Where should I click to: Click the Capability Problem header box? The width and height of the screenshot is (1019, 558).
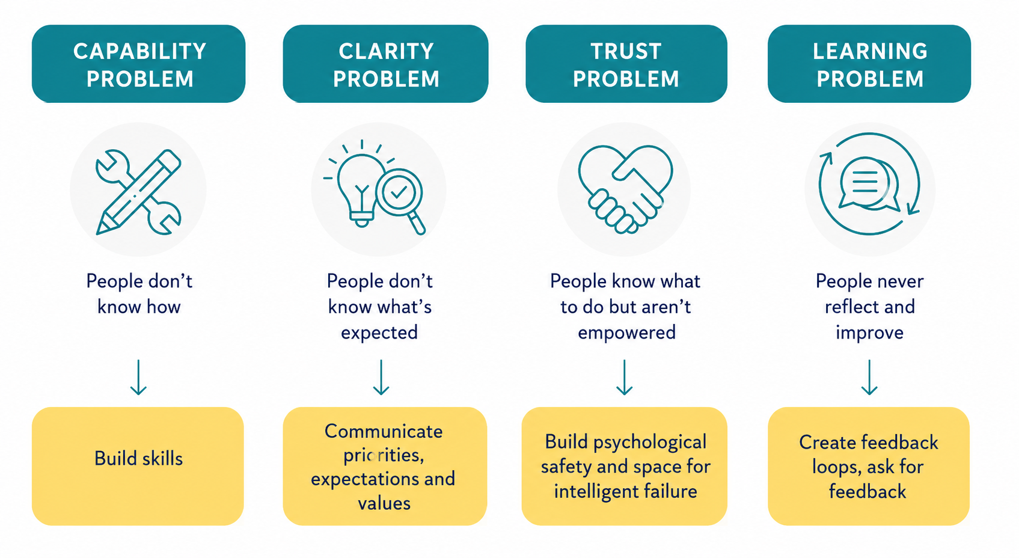tap(138, 64)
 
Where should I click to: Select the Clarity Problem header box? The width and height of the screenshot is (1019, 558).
tap(385, 64)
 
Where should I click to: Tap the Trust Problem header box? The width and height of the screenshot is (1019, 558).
tap(626, 64)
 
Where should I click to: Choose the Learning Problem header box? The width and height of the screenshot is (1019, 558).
tap(869, 64)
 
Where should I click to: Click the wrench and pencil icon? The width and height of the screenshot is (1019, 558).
tap(138, 192)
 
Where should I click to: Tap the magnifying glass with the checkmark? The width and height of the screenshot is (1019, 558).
tap(400, 198)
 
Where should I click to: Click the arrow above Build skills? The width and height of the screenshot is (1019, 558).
tap(138, 377)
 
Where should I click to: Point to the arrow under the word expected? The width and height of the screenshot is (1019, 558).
tap(381, 377)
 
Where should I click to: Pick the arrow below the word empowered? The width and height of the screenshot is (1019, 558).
tap(625, 377)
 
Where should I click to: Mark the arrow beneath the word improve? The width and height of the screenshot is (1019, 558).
tap(869, 377)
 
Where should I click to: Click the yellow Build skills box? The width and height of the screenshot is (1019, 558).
tap(138, 466)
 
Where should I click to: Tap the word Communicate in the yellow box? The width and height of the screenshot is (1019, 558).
tap(384, 432)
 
